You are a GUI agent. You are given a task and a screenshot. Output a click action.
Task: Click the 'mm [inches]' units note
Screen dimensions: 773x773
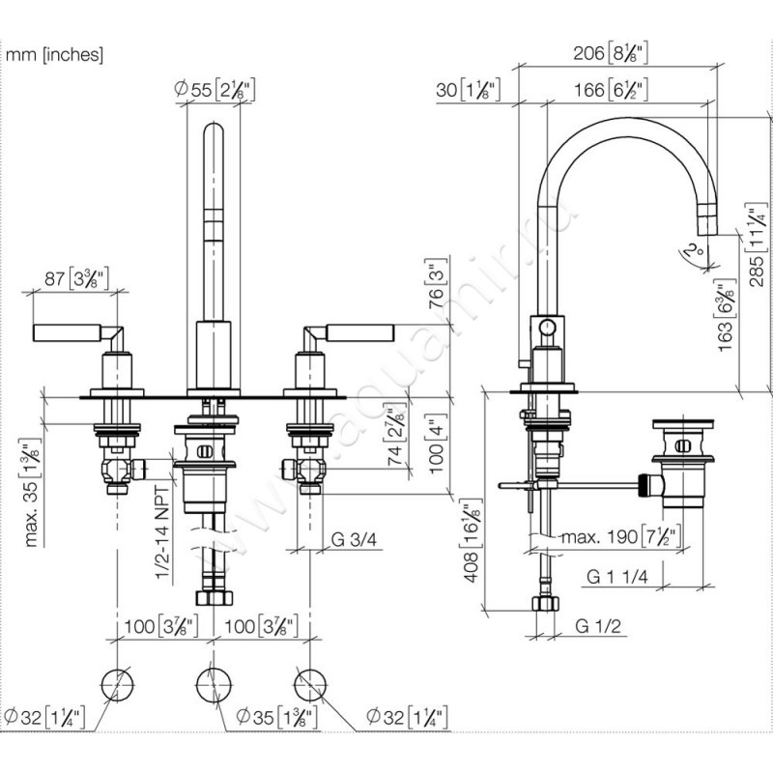[x=54, y=55]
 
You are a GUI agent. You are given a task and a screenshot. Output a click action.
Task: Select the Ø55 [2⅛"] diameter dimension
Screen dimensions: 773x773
[x=214, y=90]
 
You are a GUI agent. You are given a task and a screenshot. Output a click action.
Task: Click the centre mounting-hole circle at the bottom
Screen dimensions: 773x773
[x=214, y=683]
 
